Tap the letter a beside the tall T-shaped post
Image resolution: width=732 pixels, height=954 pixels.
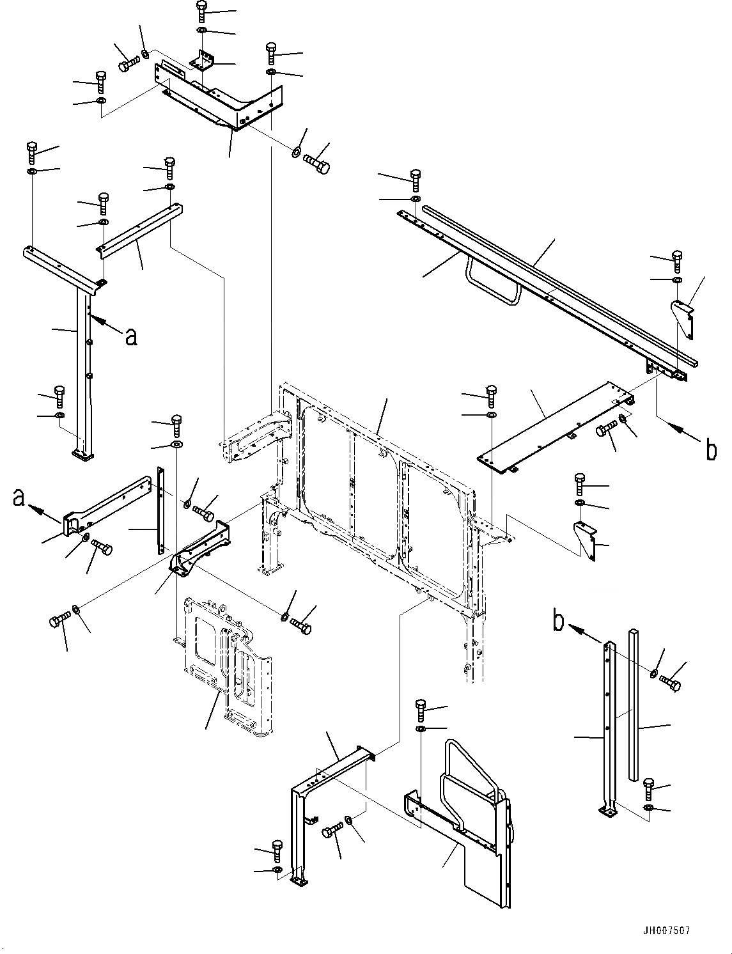click(x=131, y=336)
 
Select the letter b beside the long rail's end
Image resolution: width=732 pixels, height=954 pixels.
click(x=711, y=450)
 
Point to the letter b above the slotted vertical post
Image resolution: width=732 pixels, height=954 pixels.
click(x=559, y=622)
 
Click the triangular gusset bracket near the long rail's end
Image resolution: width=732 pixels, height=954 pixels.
click(x=683, y=318)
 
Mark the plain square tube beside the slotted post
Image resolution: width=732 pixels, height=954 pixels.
click(x=633, y=703)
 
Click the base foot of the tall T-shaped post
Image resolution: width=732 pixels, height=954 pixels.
click(x=82, y=455)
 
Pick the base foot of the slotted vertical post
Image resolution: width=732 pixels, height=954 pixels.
click(x=608, y=811)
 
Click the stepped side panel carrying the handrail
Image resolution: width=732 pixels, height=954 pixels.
click(x=473, y=850)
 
